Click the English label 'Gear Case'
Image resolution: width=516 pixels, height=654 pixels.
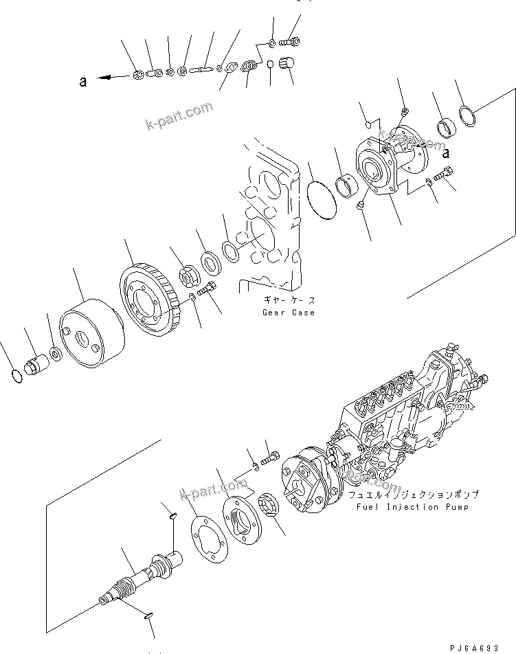[288, 313]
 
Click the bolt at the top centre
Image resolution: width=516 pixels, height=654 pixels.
[292, 43]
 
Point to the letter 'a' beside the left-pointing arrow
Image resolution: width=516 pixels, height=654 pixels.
[83, 81]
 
